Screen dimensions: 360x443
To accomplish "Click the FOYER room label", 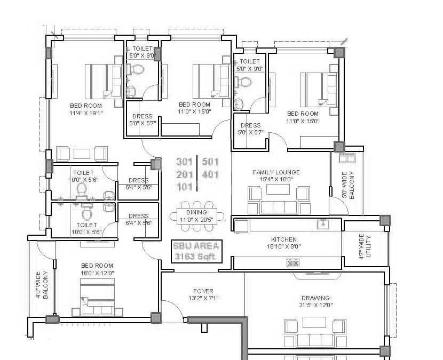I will tap(203, 294).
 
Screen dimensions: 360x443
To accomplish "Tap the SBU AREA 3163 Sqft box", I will tap(196, 251).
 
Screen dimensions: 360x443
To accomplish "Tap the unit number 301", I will tap(184, 162).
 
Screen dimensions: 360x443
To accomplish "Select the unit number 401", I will tap(210, 174).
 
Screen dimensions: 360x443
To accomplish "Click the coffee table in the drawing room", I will tap(314, 322).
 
